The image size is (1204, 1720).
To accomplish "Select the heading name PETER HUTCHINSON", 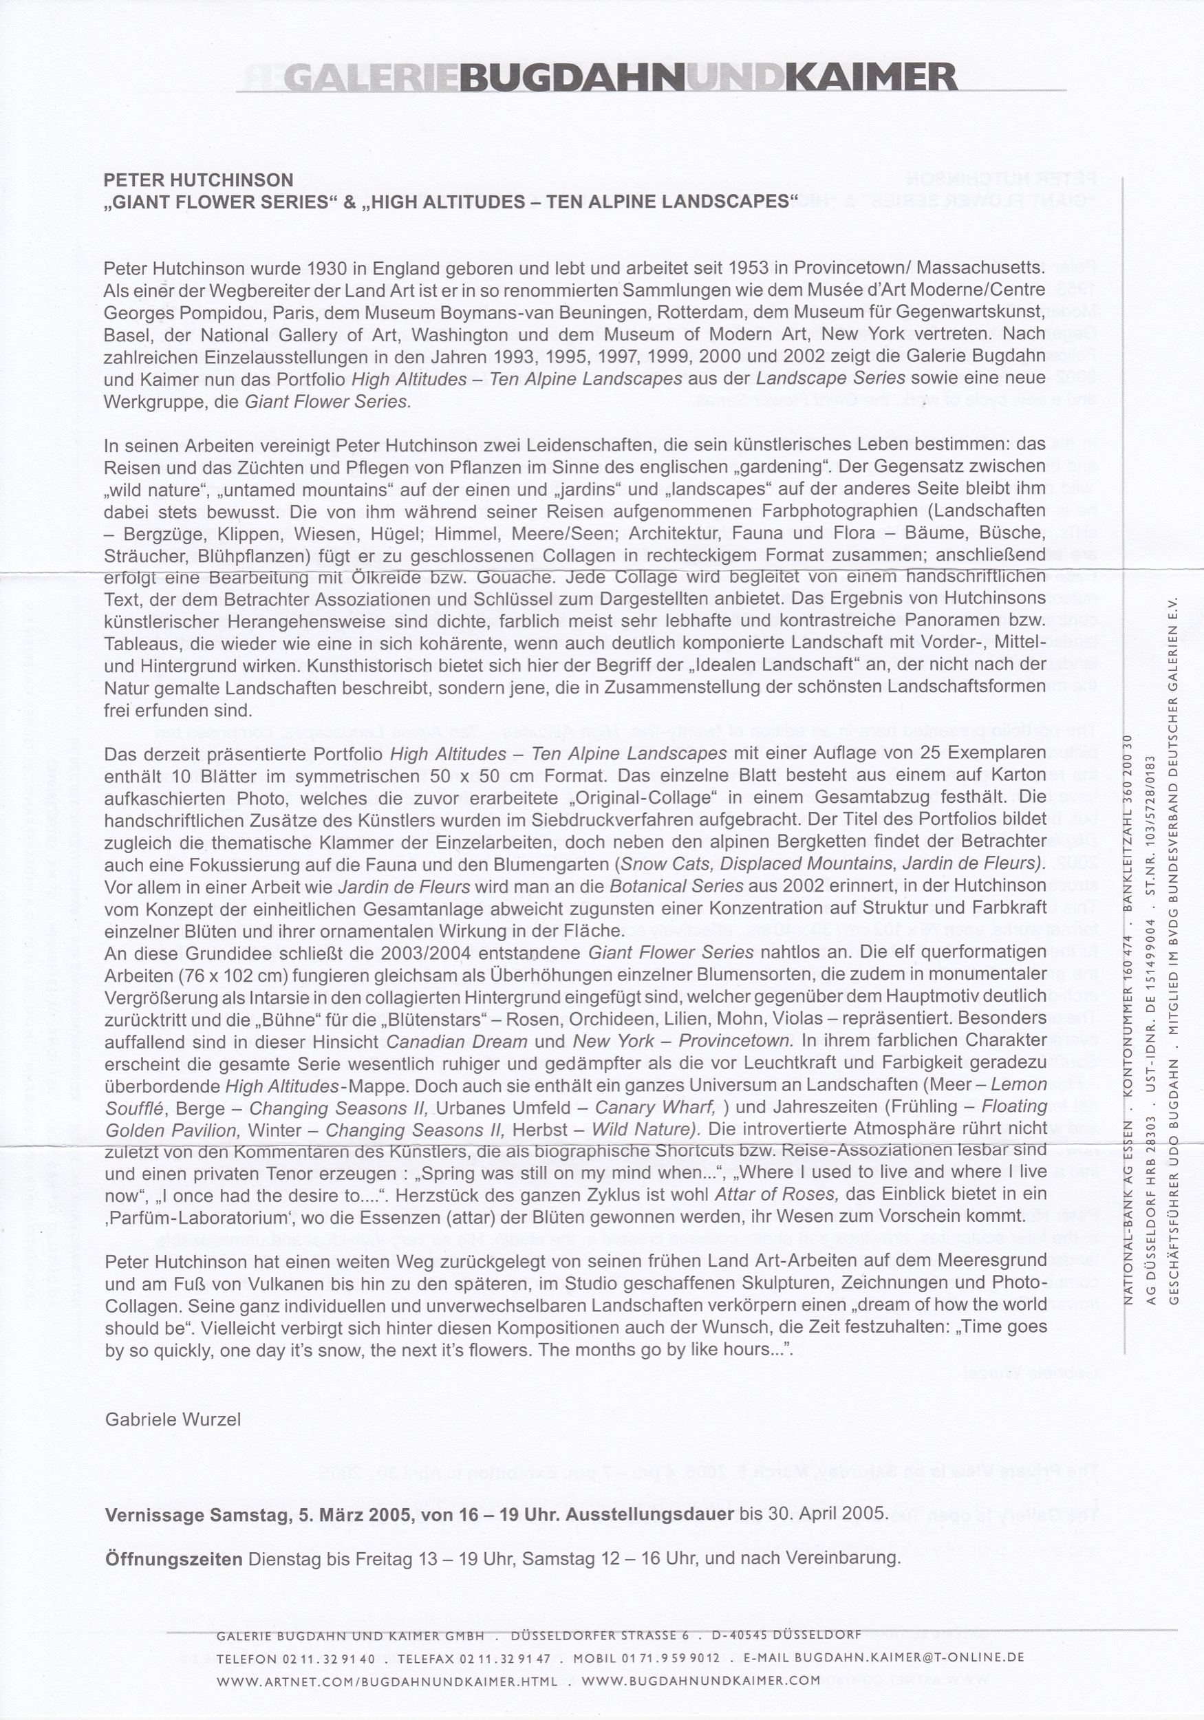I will [199, 180].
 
